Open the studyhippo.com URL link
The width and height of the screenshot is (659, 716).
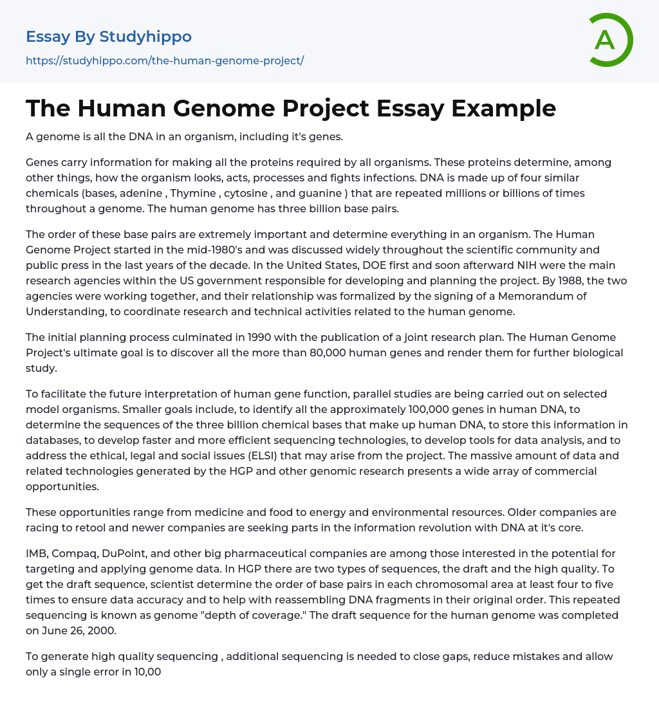165,60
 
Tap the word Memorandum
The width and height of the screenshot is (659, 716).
546,296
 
